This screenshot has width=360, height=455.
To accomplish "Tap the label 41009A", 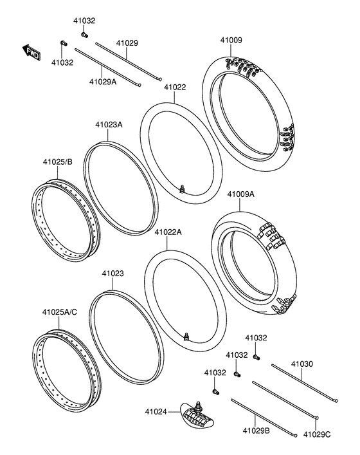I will coord(240,192).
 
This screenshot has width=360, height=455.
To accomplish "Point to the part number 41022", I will coord(174,87).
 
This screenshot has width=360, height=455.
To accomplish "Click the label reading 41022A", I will coord(168,232).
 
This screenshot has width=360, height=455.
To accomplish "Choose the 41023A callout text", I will coord(109,125).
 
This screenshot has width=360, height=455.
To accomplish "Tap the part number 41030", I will coord(301,364).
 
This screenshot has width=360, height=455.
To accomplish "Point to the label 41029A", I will coord(103,82).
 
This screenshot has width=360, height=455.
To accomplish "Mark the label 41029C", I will coord(316,434).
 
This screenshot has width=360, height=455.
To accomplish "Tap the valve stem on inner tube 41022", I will coord(183,189).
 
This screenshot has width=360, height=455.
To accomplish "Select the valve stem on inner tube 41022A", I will coord(186,336).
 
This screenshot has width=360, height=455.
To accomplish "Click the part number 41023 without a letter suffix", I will coord(113,274).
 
